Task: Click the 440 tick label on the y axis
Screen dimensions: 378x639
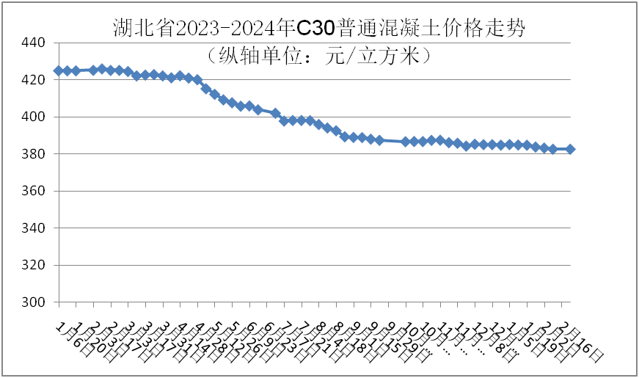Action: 35,43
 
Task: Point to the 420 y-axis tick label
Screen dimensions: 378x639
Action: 35,80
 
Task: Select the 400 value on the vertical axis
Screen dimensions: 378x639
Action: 35,117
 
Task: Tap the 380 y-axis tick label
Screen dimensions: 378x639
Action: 35,154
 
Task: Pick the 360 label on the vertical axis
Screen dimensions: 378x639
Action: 35,192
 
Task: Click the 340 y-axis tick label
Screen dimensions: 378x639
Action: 35,228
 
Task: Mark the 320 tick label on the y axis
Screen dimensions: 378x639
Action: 35,266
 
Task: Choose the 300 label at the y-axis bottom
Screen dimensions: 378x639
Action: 35,302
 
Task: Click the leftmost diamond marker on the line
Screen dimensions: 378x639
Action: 59,70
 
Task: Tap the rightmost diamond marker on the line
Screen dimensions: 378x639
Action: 571,149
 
